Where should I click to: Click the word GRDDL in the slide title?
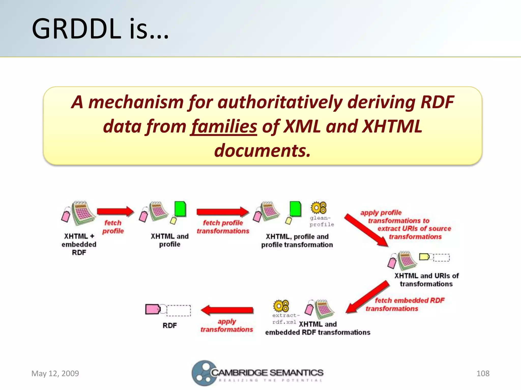[76, 29]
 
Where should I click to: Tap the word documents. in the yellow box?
[262, 151]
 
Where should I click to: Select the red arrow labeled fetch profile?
[115, 211]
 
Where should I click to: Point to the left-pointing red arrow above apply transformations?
[227, 310]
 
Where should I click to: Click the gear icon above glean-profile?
[319, 208]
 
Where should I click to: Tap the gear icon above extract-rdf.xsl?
[281, 306]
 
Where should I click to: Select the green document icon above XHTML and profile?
[180, 209]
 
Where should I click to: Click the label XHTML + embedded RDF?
[79, 244]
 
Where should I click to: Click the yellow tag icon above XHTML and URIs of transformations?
[424, 257]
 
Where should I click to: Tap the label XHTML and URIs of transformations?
[426, 280]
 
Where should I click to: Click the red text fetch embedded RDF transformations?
[405, 304]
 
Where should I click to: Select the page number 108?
[483, 373]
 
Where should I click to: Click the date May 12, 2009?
[55, 373]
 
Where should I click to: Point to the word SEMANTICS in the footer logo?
[296, 373]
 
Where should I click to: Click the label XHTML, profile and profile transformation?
[297, 241]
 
